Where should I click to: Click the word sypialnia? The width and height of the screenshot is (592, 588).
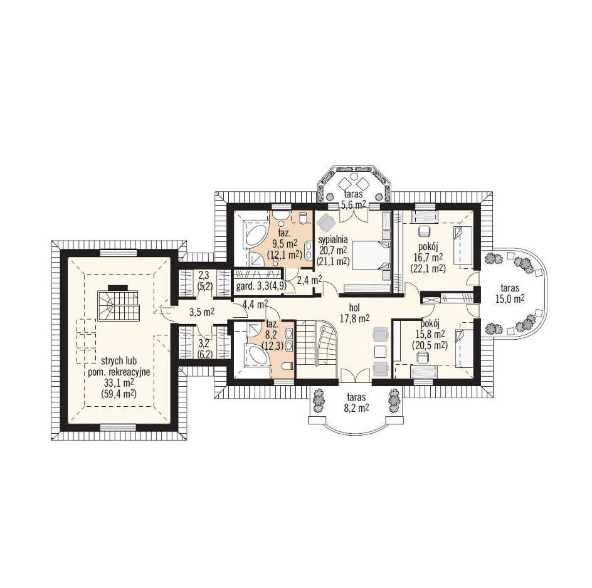(333, 241)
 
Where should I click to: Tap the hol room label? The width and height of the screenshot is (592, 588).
(354, 308)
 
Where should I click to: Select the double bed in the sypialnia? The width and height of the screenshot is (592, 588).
(371, 256)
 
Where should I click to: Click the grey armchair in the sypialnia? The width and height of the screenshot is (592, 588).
(326, 223)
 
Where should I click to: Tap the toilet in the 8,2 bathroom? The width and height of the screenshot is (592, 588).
(287, 365)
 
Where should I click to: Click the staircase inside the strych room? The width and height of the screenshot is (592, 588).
(119, 306)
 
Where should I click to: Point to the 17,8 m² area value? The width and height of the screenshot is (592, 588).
(354, 318)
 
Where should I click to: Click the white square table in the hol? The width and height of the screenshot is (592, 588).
(380, 352)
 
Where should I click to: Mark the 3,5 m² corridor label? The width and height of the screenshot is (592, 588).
(201, 312)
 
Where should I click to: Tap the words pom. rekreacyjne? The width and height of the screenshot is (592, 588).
(119, 372)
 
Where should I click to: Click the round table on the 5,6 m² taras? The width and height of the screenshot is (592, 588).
(354, 177)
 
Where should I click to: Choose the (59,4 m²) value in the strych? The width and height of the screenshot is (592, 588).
(119, 394)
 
